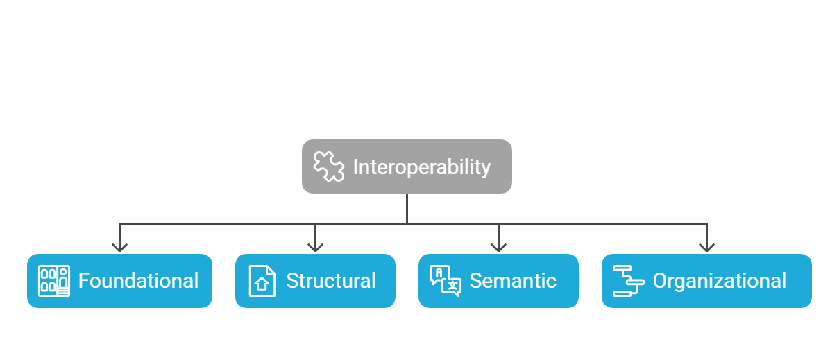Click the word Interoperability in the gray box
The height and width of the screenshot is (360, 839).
click(421, 167)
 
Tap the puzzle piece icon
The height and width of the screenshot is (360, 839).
click(328, 166)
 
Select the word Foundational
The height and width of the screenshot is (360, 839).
click(138, 281)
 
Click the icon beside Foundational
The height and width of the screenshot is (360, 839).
click(54, 281)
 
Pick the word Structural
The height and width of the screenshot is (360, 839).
click(331, 281)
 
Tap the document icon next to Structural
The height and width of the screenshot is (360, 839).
click(262, 281)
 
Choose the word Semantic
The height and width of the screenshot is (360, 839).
click(513, 281)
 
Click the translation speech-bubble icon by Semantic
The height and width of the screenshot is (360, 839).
click(445, 281)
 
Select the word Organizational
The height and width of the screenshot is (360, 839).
click(720, 281)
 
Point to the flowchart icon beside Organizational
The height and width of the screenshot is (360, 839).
click(628, 281)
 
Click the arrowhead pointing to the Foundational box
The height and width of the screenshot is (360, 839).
click(120, 247)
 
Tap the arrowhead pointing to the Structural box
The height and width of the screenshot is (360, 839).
click(316, 247)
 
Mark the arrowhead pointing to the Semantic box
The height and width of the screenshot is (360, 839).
click(498, 247)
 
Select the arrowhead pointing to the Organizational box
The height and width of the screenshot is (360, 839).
click(706, 247)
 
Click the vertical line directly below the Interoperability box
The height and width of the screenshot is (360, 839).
click(407, 208)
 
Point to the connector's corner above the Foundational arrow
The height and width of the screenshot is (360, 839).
click(120, 223)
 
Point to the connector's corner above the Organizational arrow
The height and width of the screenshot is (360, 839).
click(706, 223)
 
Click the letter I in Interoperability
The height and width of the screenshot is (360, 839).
click(356, 167)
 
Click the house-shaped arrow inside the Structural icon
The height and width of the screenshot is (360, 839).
click(262, 284)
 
